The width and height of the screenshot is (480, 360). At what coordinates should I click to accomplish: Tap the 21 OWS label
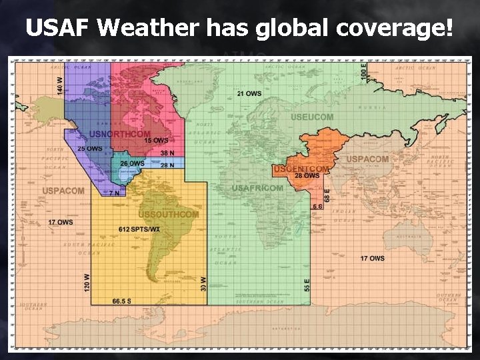pos(249,94)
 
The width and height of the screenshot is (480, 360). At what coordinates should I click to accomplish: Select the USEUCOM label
pos(312,117)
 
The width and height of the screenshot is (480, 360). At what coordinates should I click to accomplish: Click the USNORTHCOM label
pos(120,135)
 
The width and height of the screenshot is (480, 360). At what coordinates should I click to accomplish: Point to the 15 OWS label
pos(157,141)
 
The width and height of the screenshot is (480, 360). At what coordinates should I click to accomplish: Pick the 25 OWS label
pos(90,148)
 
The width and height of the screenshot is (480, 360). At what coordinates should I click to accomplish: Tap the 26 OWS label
pos(132,163)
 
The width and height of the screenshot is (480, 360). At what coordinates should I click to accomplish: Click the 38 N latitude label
pos(167,153)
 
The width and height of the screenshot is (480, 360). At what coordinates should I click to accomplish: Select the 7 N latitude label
pos(114,193)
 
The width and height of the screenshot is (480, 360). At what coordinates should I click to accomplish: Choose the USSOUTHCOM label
pos(168,215)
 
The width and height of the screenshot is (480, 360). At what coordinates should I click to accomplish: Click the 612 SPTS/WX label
pos(139,229)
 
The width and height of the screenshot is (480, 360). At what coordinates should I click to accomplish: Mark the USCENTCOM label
pos(301,169)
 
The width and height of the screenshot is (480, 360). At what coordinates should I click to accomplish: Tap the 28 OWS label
pos(307,176)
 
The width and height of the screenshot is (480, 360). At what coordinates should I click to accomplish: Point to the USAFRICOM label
pos(257,189)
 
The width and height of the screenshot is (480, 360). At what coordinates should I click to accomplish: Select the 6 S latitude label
pos(317,206)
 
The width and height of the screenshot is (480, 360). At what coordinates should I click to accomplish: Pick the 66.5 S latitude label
pos(121,301)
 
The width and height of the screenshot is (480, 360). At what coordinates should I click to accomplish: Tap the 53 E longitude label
pos(307,284)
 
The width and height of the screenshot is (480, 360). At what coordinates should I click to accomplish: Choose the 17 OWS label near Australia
pos(372,258)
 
